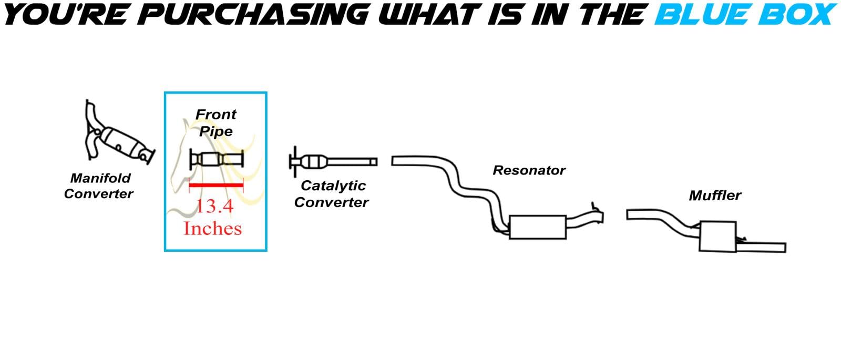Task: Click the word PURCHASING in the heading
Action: pos(255,15)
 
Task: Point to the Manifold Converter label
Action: pos(98,186)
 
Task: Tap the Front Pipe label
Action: pos(216,122)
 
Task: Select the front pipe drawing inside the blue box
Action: pos(216,158)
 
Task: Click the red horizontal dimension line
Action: pos(216,185)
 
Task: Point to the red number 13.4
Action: pos(214,206)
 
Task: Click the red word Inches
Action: pos(213,228)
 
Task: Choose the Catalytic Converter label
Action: pos(332,194)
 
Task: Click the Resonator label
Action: pos(529,170)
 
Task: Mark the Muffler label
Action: pos(715,196)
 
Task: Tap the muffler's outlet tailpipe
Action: pos(762,246)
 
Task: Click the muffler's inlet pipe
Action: pos(657,217)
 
